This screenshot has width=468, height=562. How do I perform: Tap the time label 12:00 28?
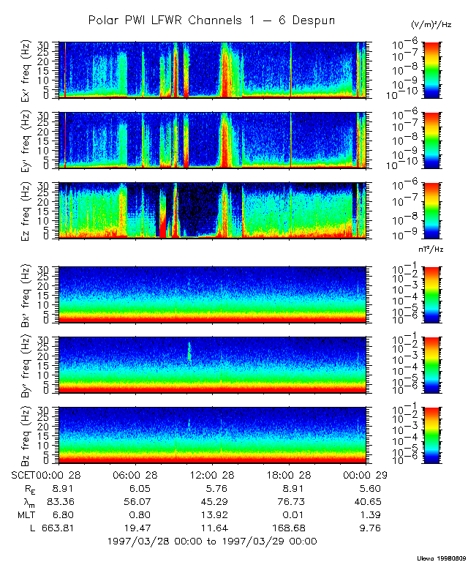pos(212,474)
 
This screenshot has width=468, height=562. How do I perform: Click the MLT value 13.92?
pos(214,514)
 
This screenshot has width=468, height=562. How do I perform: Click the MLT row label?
pos(25,514)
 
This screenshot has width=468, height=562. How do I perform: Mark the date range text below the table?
pos(212,541)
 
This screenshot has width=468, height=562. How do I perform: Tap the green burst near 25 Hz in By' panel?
pos(189,351)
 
